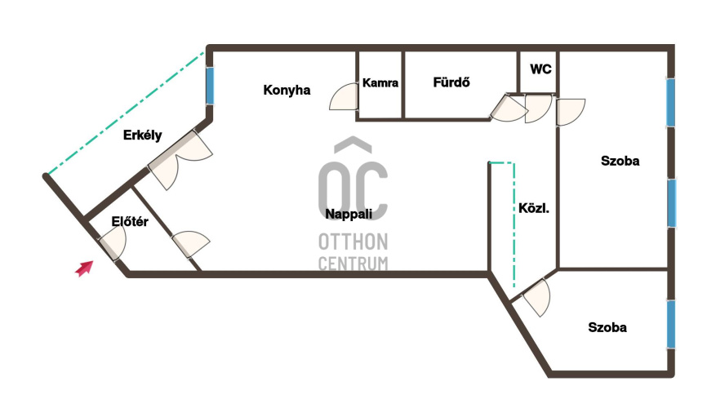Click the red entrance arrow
pyautogui.click(x=85, y=268)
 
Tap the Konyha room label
pyautogui.click(x=287, y=90)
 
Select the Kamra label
pyautogui.click(x=380, y=83)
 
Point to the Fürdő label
pyautogui.click(x=451, y=82)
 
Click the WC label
pyautogui.click(x=540, y=69)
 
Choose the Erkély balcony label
pyautogui.click(x=143, y=135)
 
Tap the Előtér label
pyautogui.click(x=130, y=221)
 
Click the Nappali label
pyautogui.click(x=349, y=214)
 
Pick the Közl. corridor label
pyautogui.click(x=534, y=208)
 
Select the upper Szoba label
pyautogui.click(x=620, y=161)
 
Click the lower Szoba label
pyautogui.click(x=607, y=327)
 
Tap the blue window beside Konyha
pyautogui.click(x=210, y=86)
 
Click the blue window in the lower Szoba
pyautogui.click(x=671, y=324)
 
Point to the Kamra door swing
pyautogui.click(x=344, y=96)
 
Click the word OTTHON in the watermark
pyautogui.click(x=353, y=242)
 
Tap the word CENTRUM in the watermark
pyautogui.click(x=353, y=264)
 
